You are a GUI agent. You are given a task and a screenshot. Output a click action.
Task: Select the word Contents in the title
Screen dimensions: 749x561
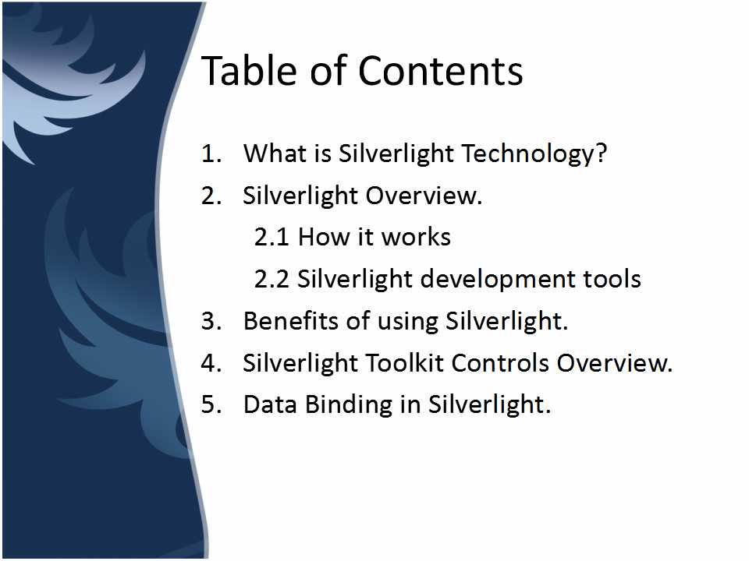click(x=440, y=71)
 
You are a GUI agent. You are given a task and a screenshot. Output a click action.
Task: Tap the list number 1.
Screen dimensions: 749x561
click(x=211, y=153)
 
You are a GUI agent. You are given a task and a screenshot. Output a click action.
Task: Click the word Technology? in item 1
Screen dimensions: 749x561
click(x=534, y=154)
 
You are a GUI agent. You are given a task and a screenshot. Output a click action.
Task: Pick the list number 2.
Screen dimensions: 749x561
click(x=211, y=196)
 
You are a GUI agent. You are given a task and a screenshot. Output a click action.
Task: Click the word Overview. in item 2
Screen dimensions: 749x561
click(x=424, y=196)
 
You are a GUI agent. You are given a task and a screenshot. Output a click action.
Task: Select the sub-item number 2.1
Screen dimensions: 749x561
click(x=272, y=237)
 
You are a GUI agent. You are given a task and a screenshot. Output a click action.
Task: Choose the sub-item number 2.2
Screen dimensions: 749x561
click(x=272, y=279)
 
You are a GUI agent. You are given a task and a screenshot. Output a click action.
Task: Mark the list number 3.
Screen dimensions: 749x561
click(x=211, y=321)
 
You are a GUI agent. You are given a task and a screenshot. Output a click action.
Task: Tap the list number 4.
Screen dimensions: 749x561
click(x=211, y=363)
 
